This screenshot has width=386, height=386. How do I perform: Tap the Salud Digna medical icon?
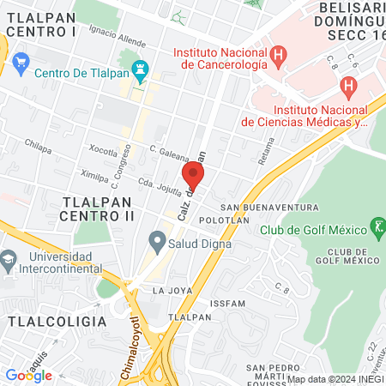coord(157,239)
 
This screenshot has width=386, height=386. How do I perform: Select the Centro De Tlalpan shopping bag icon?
coord(22,62)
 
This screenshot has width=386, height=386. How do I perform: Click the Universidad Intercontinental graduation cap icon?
coord(9,257)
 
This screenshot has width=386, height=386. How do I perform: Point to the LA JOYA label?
coord(169,291)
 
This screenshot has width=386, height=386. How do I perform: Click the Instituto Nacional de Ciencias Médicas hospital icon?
coord(348,86)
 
